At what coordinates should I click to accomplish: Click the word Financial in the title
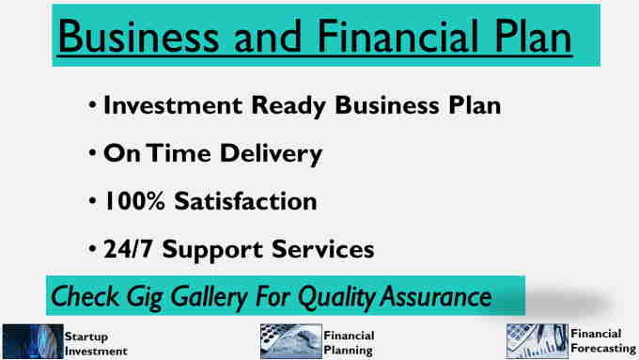(x=397, y=36)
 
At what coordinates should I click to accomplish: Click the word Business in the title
(x=139, y=36)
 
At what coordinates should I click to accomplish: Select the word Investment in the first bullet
(x=173, y=105)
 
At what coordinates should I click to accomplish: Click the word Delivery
(x=271, y=155)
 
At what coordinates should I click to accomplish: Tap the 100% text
(x=135, y=201)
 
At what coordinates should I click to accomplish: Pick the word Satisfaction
(x=245, y=201)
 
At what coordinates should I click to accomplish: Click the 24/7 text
(x=129, y=249)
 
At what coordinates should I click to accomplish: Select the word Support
(x=212, y=250)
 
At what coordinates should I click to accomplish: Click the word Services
(x=322, y=249)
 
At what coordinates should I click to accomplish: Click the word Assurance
(x=436, y=296)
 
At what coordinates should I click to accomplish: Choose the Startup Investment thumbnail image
(x=33, y=341)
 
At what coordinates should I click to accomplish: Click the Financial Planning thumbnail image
(x=291, y=341)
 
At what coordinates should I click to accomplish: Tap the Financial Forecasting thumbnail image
(x=538, y=341)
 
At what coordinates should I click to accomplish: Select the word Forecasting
(x=603, y=349)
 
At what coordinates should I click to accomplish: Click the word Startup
(x=86, y=337)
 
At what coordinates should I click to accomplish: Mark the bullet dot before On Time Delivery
(x=92, y=153)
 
